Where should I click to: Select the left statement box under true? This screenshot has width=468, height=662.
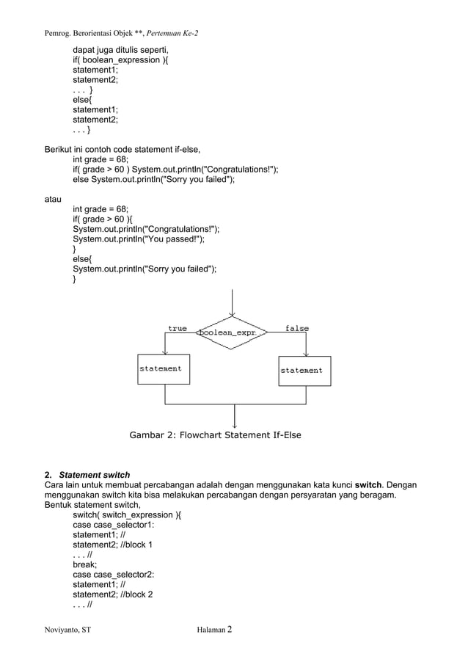click(x=164, y=369)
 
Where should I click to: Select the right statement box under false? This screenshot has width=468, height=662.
click(x=304, y=371)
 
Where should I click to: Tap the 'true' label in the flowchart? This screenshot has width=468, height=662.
click(x=178, y=329)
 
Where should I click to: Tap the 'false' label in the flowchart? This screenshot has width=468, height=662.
click(x=297, y=329)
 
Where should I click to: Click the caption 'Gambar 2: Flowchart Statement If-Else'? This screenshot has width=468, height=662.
click(x=215, y=435)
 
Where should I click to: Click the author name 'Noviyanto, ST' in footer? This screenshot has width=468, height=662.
click(x=68, y=630)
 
